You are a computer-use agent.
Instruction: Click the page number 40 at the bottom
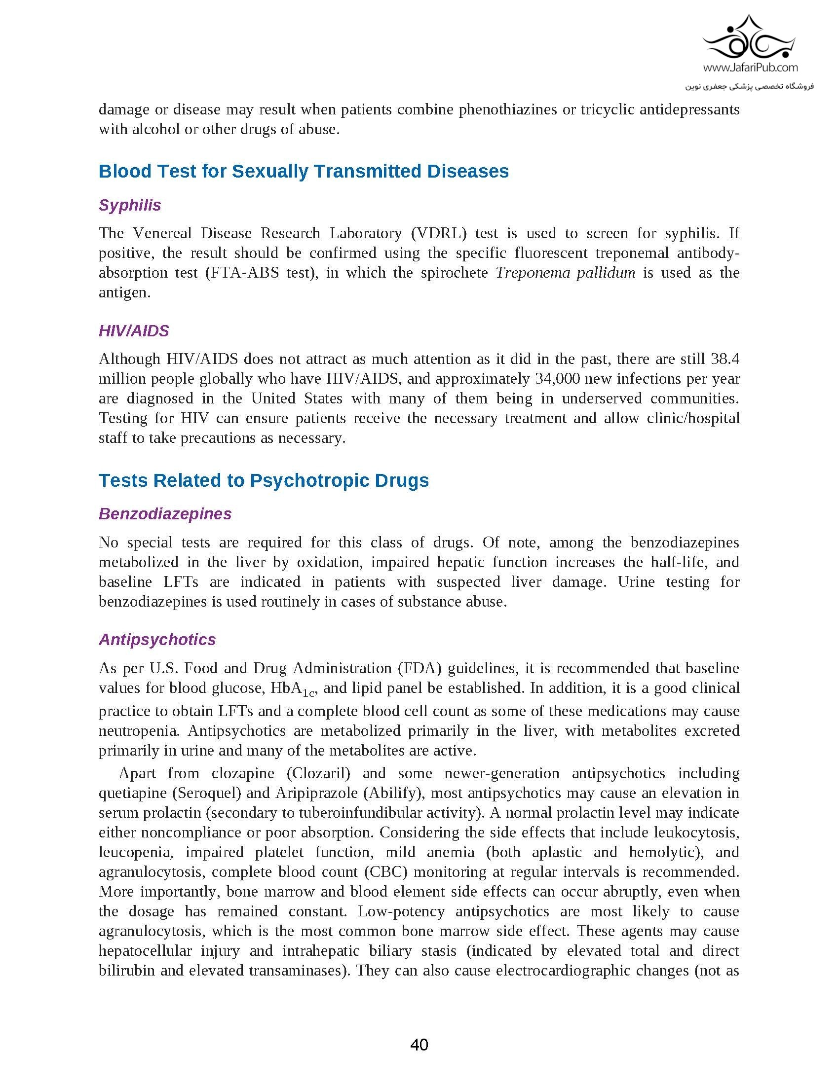419,1045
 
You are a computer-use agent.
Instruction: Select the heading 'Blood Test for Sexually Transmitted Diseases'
304,171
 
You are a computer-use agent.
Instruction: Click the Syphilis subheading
130,205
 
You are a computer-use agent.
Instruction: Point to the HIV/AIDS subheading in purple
134,330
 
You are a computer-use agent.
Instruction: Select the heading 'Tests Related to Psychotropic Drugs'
264,480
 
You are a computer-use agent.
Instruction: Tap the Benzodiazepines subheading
165,513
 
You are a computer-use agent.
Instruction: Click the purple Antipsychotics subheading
157,639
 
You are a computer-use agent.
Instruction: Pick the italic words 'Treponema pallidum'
565,272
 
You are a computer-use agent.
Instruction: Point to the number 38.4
725,359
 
